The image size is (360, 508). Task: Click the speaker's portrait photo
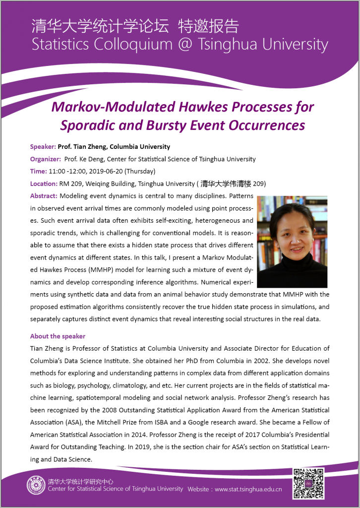coord(292,242)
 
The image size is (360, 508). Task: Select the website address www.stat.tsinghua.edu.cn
coord(248,489)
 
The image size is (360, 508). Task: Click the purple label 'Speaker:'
coord(43,146)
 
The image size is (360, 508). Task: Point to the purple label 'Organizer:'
coord(45,159)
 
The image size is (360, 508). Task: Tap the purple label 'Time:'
coord(38,172)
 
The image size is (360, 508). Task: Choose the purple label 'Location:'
coord(44,184)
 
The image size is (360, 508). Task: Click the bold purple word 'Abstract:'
coord(44,196)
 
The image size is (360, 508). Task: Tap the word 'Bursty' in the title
coord(170,125)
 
